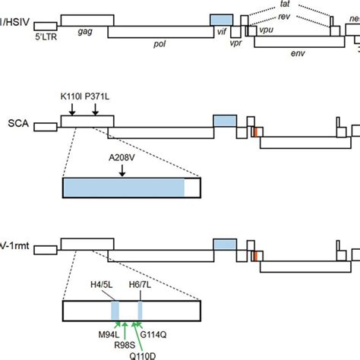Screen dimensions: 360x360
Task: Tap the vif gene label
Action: pyautogui.click(x=221, y=33)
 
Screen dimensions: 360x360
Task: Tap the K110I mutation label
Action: pyautogui.click(x=71, y=96)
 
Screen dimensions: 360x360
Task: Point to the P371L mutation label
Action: pyautogui.click(x=97, y=96)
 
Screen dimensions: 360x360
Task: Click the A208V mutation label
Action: pyautogui.click(x=122, y=159)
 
